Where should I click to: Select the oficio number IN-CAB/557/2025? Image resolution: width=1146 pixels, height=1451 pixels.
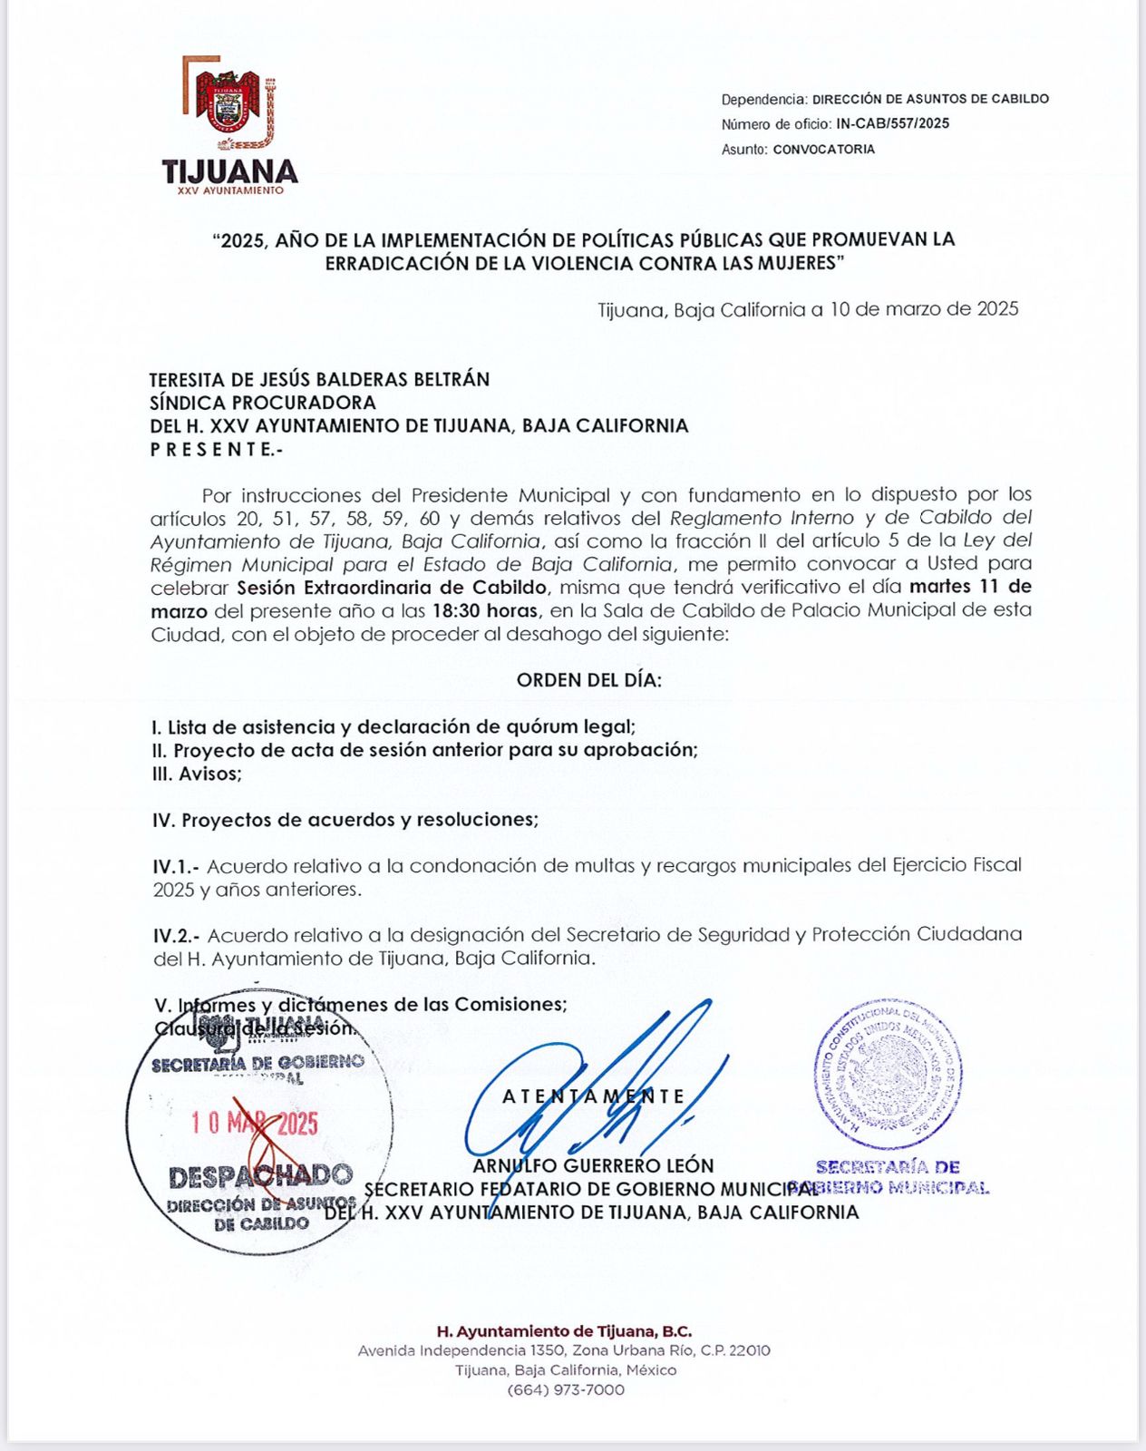tap(892, 123)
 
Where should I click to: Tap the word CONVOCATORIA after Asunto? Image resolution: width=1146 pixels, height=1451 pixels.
tap(823, 149)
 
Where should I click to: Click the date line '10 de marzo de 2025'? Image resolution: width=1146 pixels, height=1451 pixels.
tap(923, 309)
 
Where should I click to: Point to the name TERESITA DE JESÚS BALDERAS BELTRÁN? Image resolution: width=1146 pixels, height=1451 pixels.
tap(319, 379)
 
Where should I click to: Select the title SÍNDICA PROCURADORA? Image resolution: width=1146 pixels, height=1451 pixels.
tap(263, 403)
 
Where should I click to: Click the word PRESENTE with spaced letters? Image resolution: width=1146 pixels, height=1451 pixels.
tap(216, 450)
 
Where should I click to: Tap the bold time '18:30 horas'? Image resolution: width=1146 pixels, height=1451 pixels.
tap(485, 610)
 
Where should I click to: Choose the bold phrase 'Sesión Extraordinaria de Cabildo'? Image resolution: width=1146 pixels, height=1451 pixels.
tap(392, 587)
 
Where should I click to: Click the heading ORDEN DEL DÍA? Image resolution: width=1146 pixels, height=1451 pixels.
tap(588, 680)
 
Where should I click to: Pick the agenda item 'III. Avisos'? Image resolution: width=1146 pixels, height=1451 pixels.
tap(197, 774)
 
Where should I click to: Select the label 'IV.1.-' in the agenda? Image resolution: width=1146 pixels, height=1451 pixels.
tap(176, 866)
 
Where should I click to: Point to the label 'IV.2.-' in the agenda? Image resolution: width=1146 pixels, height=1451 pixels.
tap(176, 935)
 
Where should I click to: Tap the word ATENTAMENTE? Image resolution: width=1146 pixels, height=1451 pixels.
tap(594, 1096)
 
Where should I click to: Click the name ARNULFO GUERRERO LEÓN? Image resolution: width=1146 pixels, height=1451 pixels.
tap(593, 1165)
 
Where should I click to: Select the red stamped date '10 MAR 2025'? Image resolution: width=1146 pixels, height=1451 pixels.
tap(254, 1125)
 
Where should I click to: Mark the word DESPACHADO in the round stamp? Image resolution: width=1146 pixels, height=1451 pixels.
tap(260, 1177)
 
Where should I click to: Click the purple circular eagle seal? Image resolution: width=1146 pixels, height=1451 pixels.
tap(888, 1074)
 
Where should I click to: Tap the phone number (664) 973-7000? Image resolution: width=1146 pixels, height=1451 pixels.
tap(565, 1389)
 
